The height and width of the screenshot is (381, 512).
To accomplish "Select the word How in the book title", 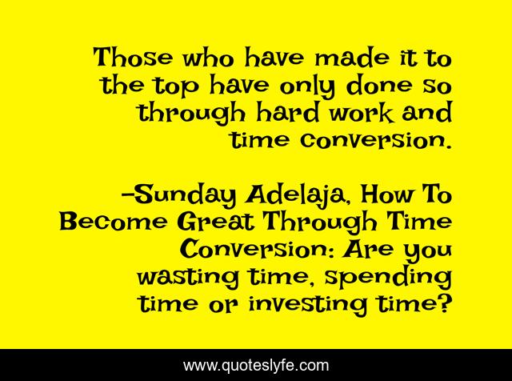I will [386, 195].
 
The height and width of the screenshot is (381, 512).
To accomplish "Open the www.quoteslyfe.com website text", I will [256, 365].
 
